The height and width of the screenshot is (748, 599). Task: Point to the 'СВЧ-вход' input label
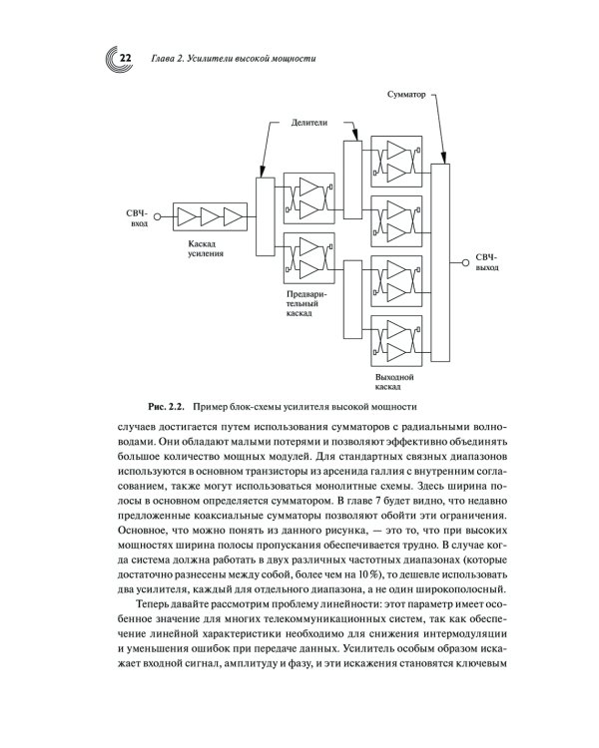(137, 218)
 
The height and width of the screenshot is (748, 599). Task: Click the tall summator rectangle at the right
(440, 260)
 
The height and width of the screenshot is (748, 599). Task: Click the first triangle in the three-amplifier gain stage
(187, 216)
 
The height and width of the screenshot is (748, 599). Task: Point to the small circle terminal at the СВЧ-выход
(464, 262)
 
